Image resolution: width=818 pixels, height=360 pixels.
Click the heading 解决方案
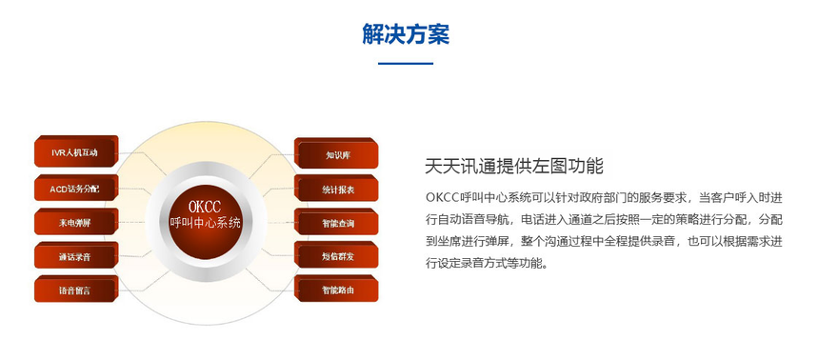[x=406, y=34]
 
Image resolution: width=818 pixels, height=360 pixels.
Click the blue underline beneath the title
[x=406, y=64]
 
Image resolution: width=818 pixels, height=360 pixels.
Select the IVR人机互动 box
[x=76, y=151]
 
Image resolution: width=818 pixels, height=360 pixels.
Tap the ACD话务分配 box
[x=76, y=188]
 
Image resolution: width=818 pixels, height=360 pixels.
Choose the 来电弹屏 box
[x=76, y=222]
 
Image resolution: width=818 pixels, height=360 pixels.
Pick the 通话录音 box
[x=76, y=255]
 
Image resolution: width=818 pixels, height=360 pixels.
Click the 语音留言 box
[x=76, y=289]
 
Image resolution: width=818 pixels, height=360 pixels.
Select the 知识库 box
[x=336, y=153]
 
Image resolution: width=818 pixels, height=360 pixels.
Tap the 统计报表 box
[x=336, y=189]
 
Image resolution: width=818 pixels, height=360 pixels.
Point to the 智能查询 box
[x=336, y=222]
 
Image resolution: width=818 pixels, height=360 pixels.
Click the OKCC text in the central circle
[x=205, y=207]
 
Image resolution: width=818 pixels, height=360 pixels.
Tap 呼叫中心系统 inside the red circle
[x=205, y=223]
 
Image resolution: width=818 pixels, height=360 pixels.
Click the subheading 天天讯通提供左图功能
[x=514, y=166]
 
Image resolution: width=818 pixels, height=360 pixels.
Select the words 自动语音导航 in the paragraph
[x=470, y=220]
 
